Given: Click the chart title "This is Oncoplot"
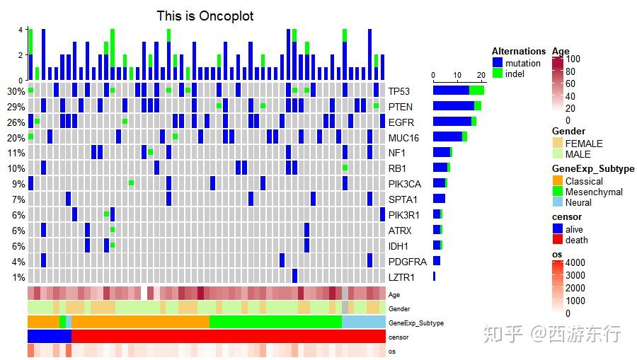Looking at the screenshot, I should pos(205,16).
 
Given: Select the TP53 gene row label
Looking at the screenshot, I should pos(398,91).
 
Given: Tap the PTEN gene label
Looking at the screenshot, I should pos(400,107).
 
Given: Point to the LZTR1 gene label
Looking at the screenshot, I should pos(402,277).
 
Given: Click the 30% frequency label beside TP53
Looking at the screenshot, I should pos(16,91).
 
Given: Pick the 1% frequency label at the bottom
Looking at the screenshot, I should pos(18,277).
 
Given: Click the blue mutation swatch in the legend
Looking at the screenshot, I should pos(498,63).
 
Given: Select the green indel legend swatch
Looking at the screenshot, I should pos(498,74).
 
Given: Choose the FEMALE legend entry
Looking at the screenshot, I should pos(584,144).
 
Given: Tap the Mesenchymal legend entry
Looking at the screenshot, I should pos(594,192).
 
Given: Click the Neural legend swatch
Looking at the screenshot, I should pos(558,202).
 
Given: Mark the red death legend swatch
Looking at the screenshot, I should pos(558,240).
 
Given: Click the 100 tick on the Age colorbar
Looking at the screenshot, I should pos(573,59).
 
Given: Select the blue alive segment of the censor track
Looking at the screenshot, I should pos(50,337).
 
